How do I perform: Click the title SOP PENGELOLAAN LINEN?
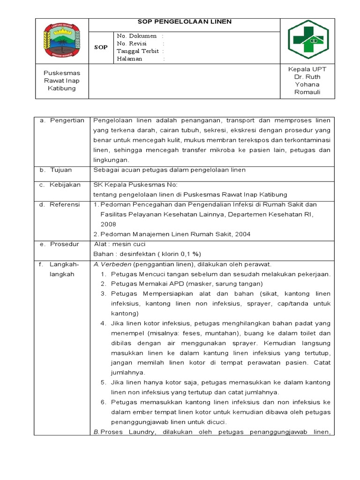coord(184,22)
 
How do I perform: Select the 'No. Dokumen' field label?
coord(137,36)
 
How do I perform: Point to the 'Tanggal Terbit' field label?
coord(138,51)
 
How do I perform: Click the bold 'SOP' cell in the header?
coord(101,47)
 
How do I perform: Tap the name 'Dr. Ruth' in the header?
coord(307,77)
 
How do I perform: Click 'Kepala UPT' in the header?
coord(307,69)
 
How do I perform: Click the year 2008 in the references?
coord(108,224)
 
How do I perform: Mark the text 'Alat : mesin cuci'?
coord(120,244)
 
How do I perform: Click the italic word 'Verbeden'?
coord(112,264)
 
